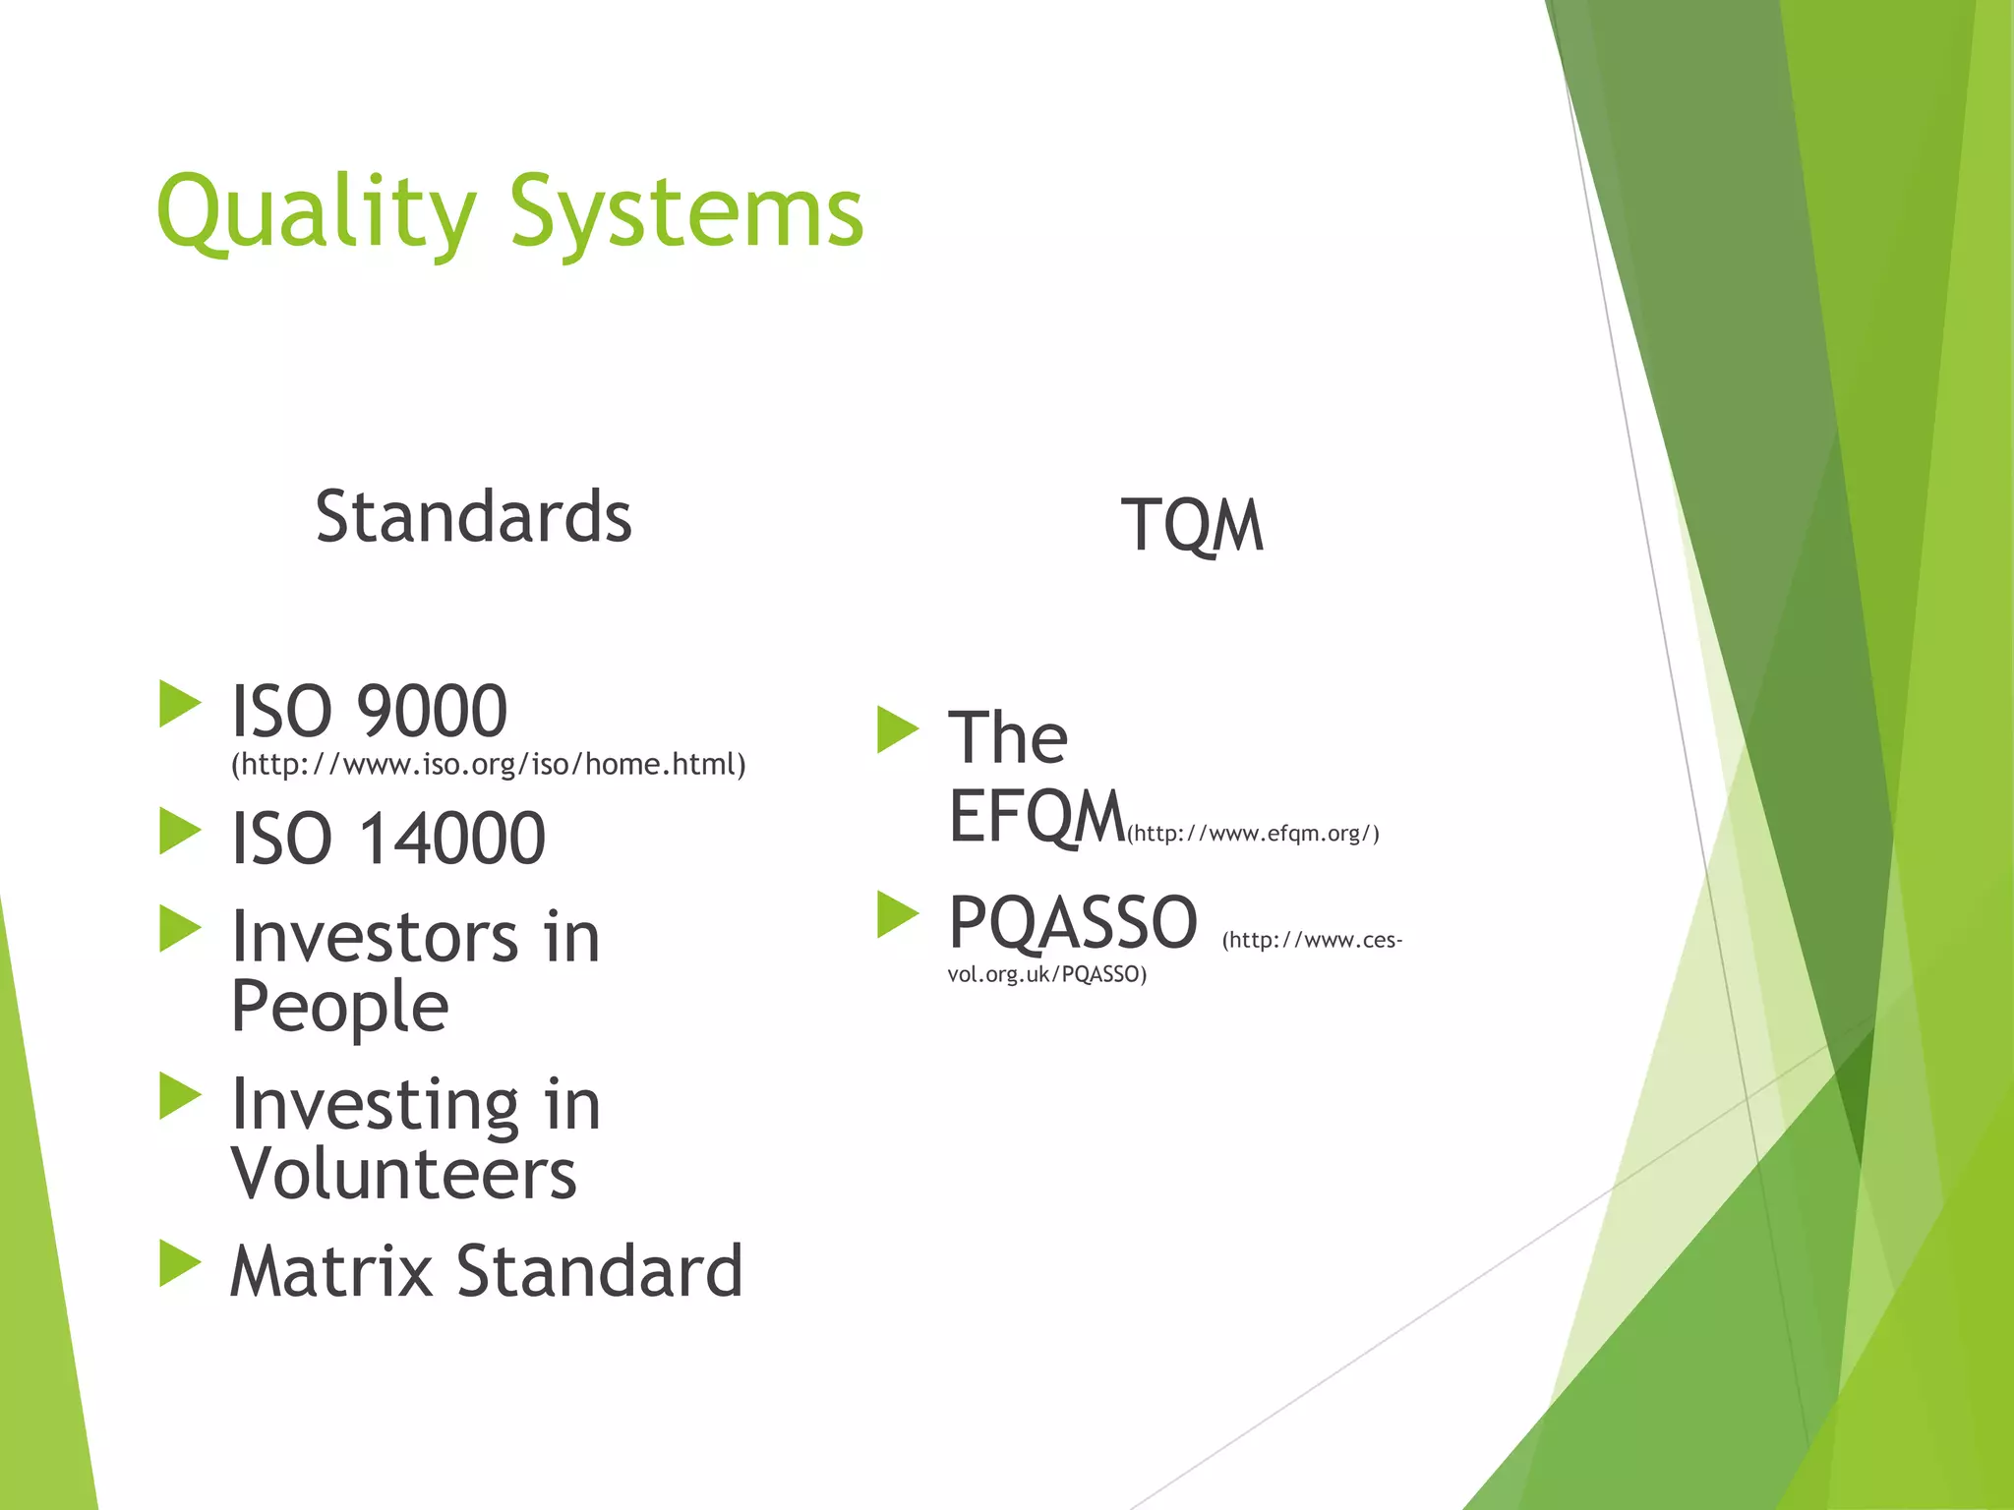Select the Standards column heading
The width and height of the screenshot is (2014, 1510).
pyautogui.click(x=473, y=517)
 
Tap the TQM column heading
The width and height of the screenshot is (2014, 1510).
pyautogui.click(x=1192, y=525)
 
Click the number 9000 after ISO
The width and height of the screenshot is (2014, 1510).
pyautogui.click(x=432, y=711)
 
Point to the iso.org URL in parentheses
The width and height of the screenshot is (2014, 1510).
pyautogui.click(x=488, y=765)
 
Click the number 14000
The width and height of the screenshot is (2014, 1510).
pyautogui.click(x=451, y=839)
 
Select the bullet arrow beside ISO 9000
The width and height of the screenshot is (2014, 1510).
pyautogui.click(x=179, y=704)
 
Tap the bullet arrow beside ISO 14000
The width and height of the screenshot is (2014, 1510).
pyautogui.click(x=179, y=831)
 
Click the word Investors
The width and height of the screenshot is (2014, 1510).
pyautogui.click(x=374, y=937)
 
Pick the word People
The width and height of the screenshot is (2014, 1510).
pyautogui.click(x=339, y=1008)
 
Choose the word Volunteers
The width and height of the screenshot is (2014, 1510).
pyautogui.click(x=403, y=1174)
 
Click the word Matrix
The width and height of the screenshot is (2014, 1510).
pyautogui.click(x=330, y=1271)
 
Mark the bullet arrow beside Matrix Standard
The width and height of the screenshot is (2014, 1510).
pyautogui.click(x=179, y=1263)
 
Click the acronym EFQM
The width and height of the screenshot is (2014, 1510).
pyautogui.click(x=1036, y=817)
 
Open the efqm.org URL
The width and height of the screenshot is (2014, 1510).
pyautogui.click(x=1253, y=835)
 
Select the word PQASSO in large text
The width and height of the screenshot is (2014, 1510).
pyautogui.click(x=1072, y=923)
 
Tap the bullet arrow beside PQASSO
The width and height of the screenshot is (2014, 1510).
pyautogui.click(x=897, y=914)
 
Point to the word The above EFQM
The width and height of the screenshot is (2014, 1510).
pyautogui.click(x=1007, y=737)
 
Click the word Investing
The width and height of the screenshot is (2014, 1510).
pyautogui.click(x=374, y=1104)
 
